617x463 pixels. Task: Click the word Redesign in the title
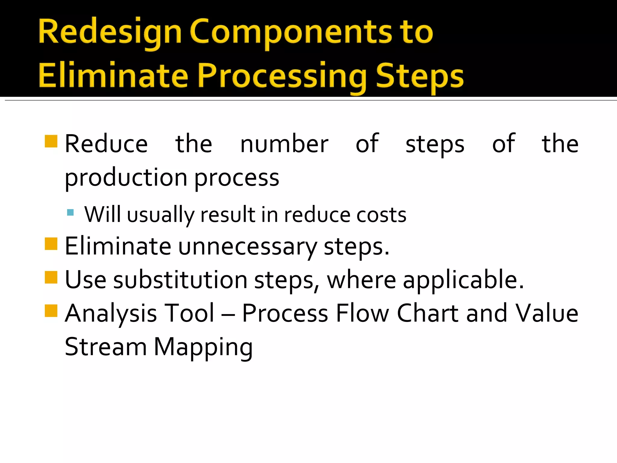click(x=110, y=33)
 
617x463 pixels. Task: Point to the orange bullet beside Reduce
click(x=51, y=141)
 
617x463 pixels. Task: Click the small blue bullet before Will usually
click(x=70, y=213)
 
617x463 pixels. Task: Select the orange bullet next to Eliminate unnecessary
click(x=51, y=244)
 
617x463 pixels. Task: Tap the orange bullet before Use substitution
click(x=51, y=277)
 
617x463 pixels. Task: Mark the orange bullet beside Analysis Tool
click(x=51, y=311)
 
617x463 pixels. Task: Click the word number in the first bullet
click(x=284, y=144)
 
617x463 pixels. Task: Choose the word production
click(x=126, y=178)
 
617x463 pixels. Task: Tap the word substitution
click(x=180, y=280)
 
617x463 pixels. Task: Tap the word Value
click(x=547, y=313)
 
